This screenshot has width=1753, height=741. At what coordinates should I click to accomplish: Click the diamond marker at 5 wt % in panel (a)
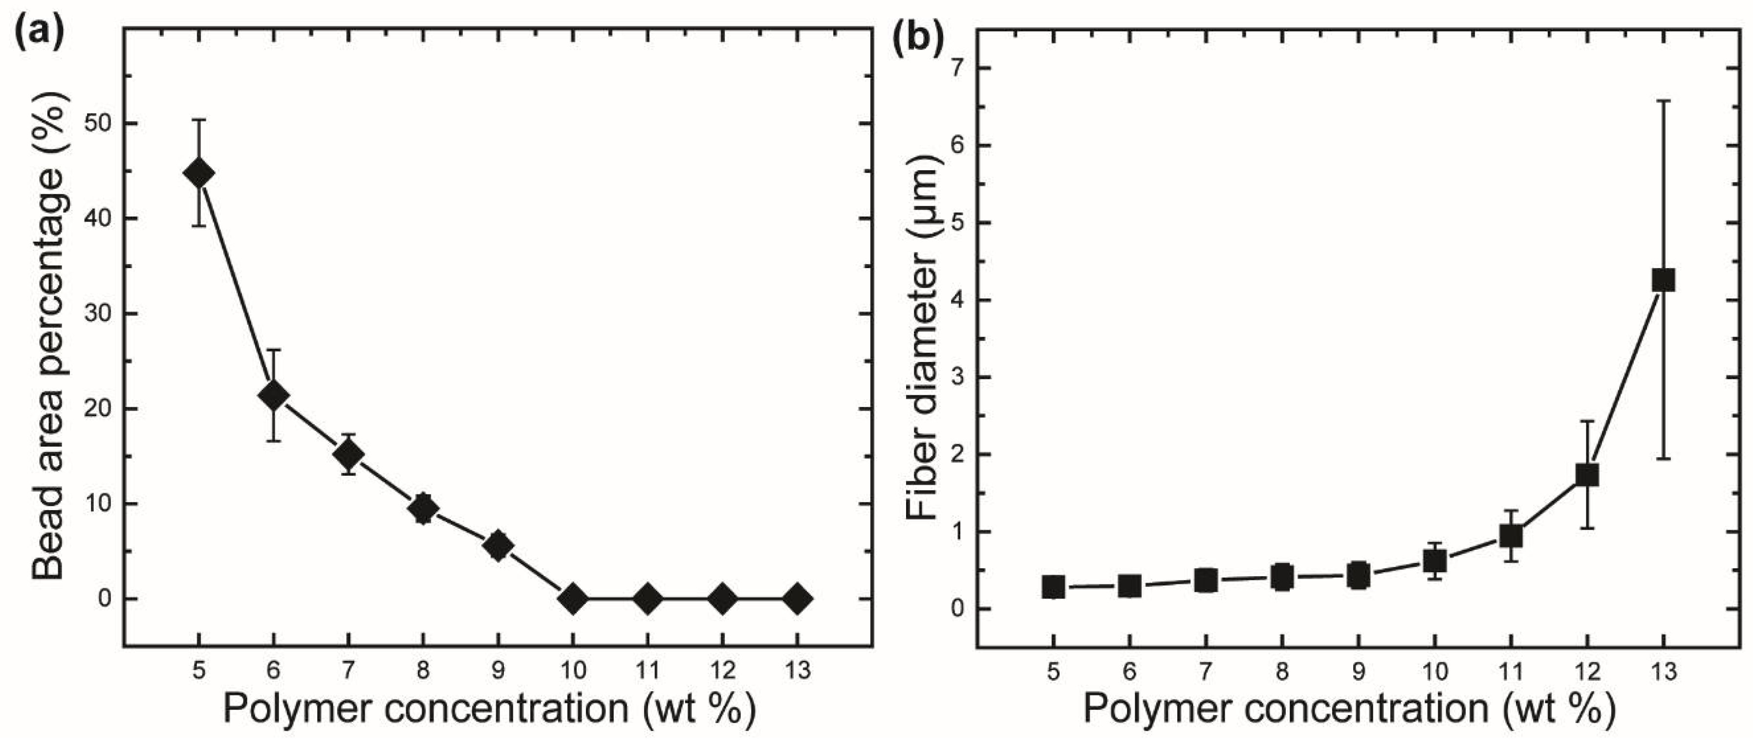pos(199,173)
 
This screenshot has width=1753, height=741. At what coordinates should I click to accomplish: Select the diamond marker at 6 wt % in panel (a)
pos(274,395)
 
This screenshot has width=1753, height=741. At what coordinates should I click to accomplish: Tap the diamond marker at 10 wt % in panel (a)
pos(573,599)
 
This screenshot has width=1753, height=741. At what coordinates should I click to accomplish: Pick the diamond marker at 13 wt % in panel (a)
pos(798,599)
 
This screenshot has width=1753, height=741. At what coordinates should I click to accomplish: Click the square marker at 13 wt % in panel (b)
pos(1663,280)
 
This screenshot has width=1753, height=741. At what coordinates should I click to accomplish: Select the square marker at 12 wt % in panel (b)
pos(1587,475)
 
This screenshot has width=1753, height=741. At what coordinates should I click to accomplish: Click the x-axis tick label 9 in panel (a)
pos(498,672)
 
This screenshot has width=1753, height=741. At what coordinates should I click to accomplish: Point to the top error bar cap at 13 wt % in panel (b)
pos(1663,101)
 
